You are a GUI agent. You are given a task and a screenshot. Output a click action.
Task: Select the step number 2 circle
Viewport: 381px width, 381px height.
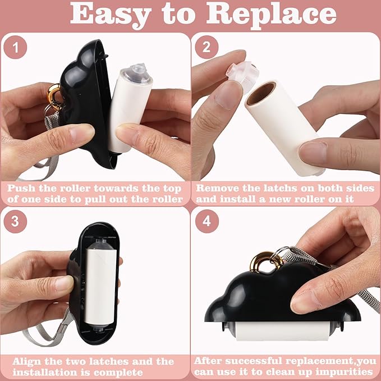click(206, 49)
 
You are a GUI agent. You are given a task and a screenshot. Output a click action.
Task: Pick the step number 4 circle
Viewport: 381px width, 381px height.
click(206, 221)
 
